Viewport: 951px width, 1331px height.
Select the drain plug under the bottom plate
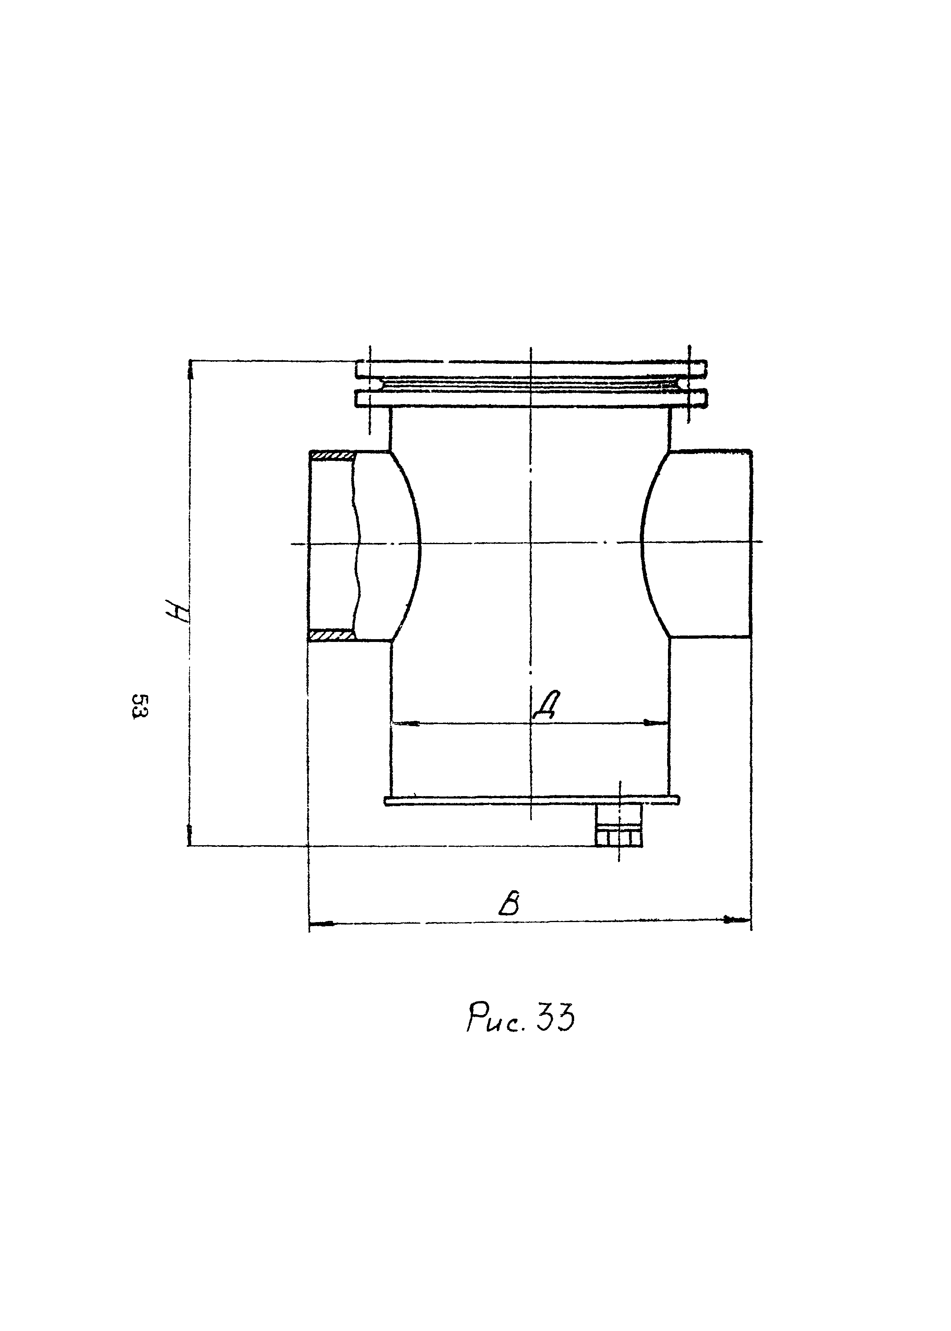pyautogui.click(x=619, y=826)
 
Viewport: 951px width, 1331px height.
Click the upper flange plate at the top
pyautogui.click(x=531, y=369)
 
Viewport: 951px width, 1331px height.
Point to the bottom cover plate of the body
pyautogui.click(x=531, y=800)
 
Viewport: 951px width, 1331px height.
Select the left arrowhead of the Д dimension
pyautogui.click(x=404, y=724)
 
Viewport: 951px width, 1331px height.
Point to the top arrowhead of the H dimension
pyautogui.click(x=190, y=371)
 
